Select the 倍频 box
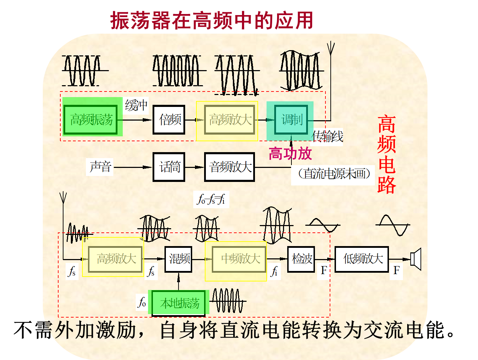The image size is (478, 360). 169,120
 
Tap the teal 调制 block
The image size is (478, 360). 291,120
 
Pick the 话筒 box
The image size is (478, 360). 169,167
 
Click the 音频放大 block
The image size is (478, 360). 230,167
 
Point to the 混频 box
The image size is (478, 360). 179,259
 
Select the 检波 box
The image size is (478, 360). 301,259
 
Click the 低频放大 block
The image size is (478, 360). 362,259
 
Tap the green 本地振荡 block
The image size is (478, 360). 179,303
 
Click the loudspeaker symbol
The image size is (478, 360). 416,259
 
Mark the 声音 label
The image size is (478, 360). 100,167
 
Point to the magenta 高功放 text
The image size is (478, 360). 290,154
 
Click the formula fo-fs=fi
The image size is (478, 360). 211,200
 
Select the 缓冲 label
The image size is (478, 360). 136,105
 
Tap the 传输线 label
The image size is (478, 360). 328,136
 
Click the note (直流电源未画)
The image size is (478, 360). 333,174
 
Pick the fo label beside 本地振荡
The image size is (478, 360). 142,302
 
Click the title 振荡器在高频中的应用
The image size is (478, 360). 212,20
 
